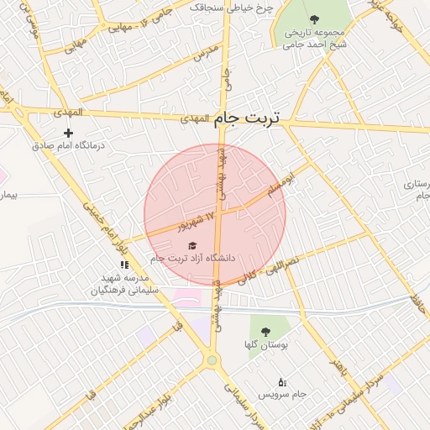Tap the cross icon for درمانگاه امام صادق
coord(68,133)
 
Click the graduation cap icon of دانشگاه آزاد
coord(191,244)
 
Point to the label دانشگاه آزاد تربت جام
coord(192,258)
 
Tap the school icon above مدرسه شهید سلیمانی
coord(124,265)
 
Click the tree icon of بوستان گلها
coord(265,332)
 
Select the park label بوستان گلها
coord(266,345)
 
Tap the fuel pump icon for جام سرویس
coord(281,382)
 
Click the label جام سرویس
coord(282,394)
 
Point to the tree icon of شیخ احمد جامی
coord(314,18)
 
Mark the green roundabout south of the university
coord(212,360)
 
